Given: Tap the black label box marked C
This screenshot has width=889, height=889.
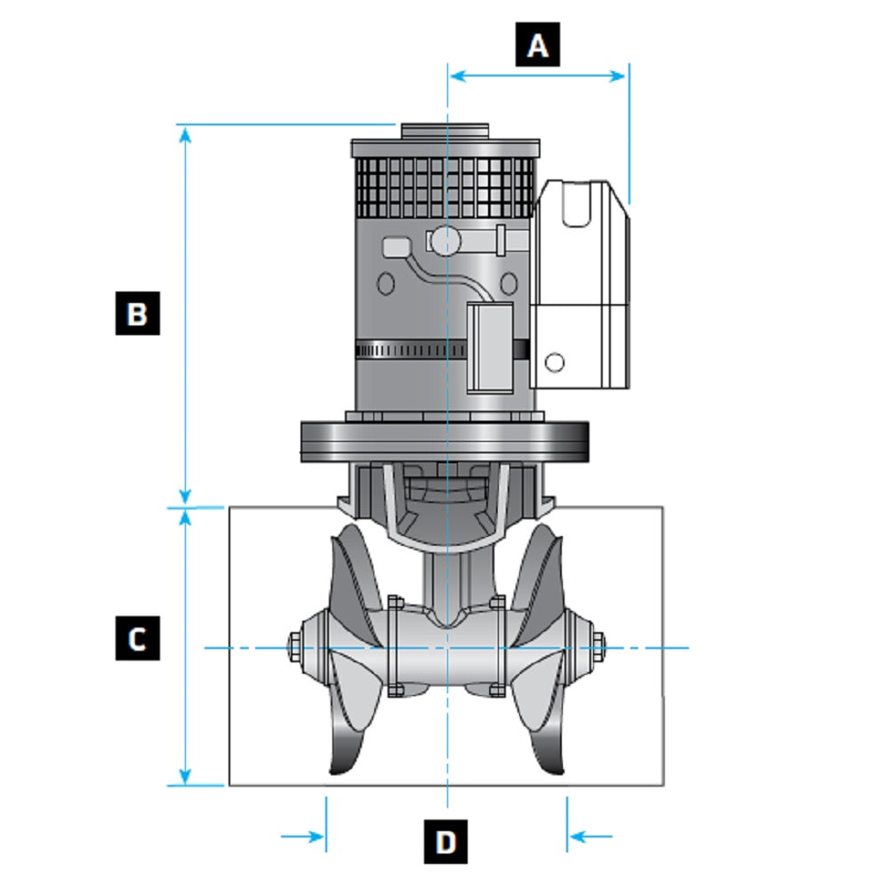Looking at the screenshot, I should tap(137, 638).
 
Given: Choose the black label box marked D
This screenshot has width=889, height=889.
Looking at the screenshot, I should tap(445, 840).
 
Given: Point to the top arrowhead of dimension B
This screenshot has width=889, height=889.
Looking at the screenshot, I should tap(185, 133).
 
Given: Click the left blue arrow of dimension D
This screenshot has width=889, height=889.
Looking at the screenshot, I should tap(302, 836).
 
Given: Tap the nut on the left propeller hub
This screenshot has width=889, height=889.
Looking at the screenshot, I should tap(292, 645).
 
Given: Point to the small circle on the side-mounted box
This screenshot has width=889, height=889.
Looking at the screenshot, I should tap(554, 362).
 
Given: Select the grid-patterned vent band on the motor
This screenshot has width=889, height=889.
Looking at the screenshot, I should tap(444, 188).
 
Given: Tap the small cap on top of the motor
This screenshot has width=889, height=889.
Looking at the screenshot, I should tap(444, 131).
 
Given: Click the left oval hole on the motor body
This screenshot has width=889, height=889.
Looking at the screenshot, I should tap(386, 284).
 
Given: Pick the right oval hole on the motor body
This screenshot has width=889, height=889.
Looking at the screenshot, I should tap(509, 284).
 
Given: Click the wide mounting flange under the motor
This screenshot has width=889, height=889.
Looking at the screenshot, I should tap(445, 441).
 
